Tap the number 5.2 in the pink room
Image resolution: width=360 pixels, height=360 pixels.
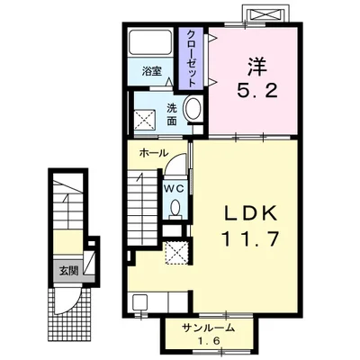pos(257,90)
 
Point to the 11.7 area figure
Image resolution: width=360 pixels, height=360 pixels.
pos(250,238)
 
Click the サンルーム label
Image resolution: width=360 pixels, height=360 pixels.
pos(208,328)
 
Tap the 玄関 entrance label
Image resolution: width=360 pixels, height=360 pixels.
pos(68,271)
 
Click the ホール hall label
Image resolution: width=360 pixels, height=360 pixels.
pos(154,153)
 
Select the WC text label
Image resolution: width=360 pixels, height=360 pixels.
pos(174,188)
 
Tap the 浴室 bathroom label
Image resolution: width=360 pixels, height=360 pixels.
pos(152,71)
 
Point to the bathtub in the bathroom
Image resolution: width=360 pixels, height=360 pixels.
pos(150,41)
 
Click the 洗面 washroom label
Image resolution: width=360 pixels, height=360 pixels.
pos(172,114)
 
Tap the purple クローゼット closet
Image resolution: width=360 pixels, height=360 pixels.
pos(191,58)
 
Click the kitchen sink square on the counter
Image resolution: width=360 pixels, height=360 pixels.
pos(139,303)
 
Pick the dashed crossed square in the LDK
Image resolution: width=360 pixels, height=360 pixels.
pos(176,253)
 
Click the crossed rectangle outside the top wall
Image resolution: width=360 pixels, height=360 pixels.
pos(265,13)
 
